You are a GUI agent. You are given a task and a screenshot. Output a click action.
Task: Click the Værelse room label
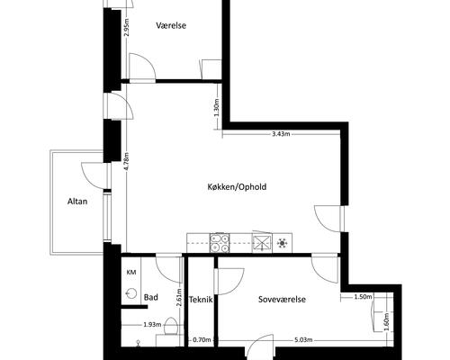[171, 25]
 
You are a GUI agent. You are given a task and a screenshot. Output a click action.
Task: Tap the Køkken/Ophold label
[237, 187]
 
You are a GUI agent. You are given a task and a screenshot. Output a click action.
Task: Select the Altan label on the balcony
[77, 201]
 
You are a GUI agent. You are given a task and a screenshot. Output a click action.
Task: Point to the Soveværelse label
[282, 299]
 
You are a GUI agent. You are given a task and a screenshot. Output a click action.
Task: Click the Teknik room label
[201, 300]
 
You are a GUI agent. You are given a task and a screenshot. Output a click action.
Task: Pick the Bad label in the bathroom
[151, 297]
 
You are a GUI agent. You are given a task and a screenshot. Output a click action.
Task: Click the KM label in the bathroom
[131, 273]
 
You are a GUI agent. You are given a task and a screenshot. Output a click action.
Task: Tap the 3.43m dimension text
[281, 134]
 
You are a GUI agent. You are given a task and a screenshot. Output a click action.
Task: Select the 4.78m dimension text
[126, 162]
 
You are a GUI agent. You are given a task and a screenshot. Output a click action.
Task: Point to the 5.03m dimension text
[303, 340]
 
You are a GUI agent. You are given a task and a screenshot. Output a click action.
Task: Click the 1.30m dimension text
[218, 108]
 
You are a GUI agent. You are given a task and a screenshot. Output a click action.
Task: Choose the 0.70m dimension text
[202, 340]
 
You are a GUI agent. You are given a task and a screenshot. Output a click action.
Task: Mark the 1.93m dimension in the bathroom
[152, 324]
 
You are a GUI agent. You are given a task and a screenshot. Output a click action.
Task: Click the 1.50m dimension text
[363, 297]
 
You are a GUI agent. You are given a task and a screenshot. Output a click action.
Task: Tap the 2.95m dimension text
[127, 28]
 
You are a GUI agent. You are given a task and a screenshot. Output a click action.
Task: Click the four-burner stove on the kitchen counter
[220, 243]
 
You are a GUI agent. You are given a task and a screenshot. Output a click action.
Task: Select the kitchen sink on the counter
[262, 242]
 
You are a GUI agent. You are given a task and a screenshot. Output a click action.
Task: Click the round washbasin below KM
[131, 292]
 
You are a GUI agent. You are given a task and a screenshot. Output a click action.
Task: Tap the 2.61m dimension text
[179, 297]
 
